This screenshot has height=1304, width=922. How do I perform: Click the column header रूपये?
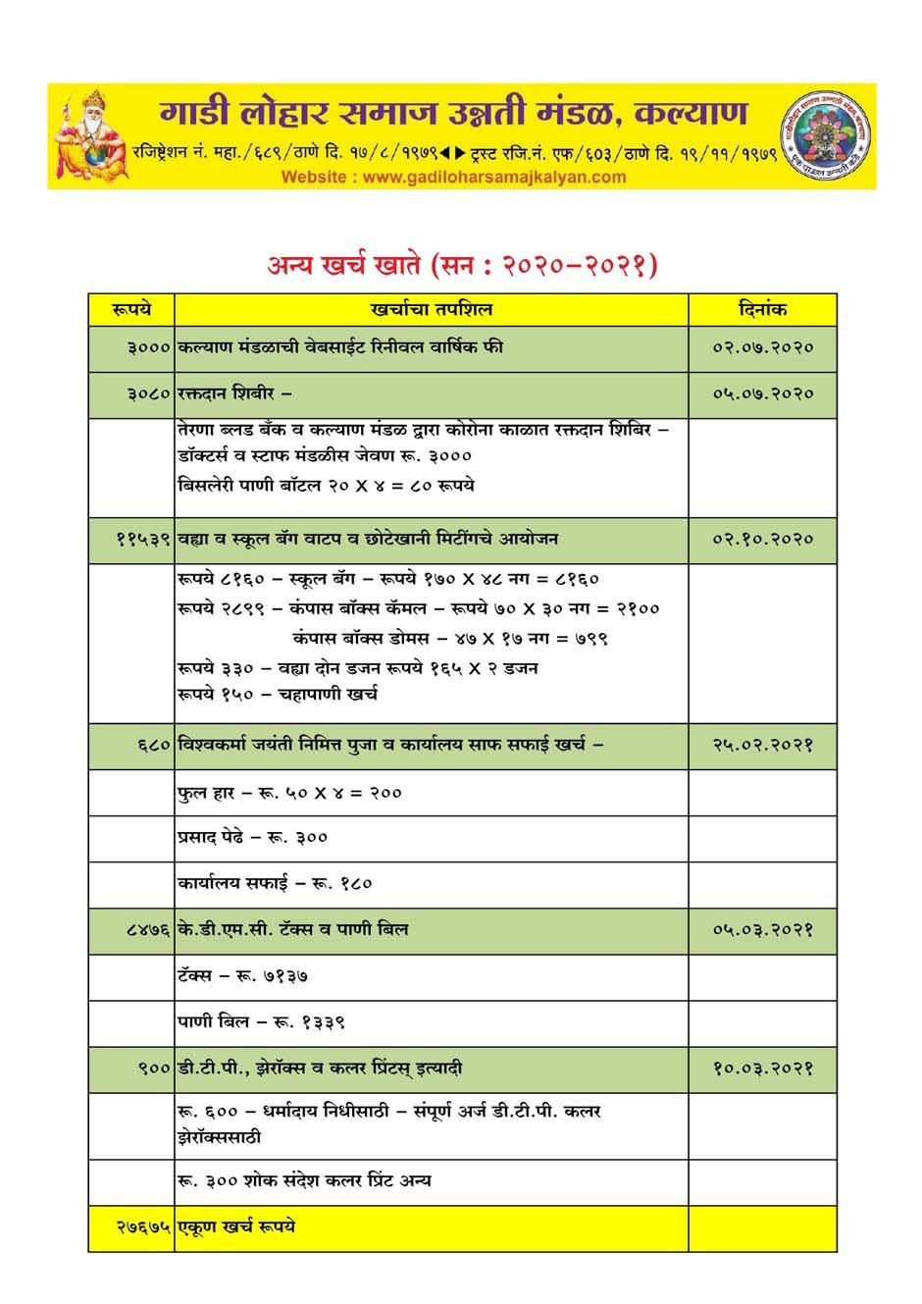131,309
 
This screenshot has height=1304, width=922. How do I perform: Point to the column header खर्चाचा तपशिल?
432,309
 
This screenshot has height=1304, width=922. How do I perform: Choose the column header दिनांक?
762,309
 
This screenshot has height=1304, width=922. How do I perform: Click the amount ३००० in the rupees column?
149,348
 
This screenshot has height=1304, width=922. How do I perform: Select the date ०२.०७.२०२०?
762,348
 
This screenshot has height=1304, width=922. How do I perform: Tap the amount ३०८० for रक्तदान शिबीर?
149,394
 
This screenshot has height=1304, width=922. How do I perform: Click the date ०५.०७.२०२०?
762,394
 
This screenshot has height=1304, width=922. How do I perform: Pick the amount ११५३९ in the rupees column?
143,540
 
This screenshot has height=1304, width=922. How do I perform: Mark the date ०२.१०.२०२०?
762,540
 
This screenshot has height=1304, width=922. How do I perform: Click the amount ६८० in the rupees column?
155,746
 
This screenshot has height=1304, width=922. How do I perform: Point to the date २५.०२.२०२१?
762,746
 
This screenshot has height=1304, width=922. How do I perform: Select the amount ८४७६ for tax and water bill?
149,929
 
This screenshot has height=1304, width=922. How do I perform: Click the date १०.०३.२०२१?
762,1069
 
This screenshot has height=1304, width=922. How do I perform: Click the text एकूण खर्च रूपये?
236,1227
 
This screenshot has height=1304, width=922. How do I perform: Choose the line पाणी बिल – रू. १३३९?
261,1022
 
